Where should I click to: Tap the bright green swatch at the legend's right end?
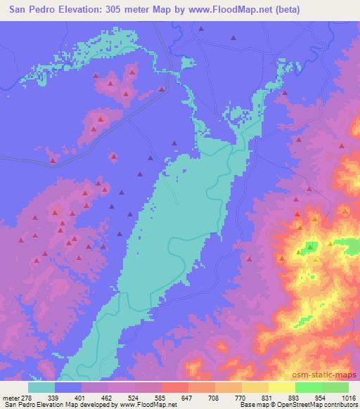(x=335, y=387)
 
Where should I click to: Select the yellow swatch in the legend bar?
(x=281, y=387)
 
